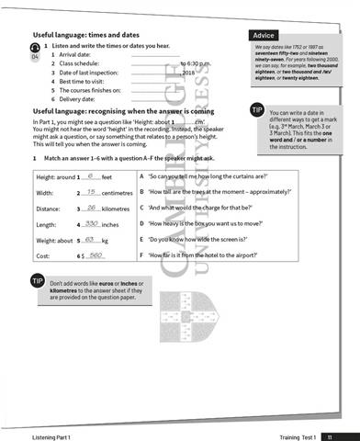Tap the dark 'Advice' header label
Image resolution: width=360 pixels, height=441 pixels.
tap(263, 35)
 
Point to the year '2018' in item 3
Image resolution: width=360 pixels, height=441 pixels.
tap(190, 72)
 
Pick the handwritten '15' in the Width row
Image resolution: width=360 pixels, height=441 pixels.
tap(91, 192)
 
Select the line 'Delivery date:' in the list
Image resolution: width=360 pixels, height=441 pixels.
tap(83, 100)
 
